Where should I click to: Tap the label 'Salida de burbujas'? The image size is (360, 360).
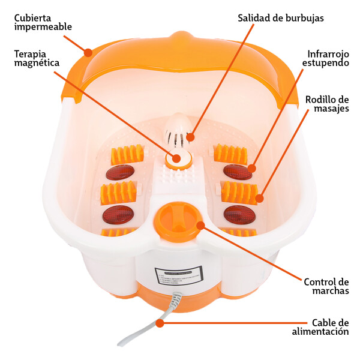281,17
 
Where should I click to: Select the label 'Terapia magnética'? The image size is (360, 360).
37,58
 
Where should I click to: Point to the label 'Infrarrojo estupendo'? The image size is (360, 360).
324,58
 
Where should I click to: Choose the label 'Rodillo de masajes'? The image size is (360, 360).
327,103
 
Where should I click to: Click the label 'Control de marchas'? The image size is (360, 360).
326,286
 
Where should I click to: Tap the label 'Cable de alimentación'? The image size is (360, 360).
320,326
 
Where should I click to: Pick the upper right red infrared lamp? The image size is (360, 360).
238,172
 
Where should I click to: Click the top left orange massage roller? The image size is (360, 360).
127,155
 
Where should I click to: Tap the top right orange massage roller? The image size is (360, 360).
230,154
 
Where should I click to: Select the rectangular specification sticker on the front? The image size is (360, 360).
178,277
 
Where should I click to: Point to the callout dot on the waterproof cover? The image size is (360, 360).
89,52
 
